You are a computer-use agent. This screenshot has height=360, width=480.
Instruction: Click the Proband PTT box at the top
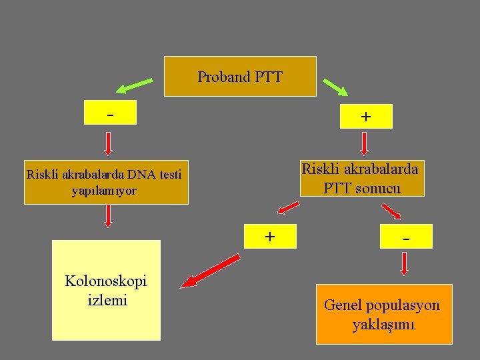click(x=240, y=77)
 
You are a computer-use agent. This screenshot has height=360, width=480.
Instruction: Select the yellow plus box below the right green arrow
click(x=365, y=116)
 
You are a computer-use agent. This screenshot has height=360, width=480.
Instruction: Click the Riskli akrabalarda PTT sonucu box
click(x=360, y=178)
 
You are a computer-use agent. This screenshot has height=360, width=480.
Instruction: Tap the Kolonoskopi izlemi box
click(x=107, y=290)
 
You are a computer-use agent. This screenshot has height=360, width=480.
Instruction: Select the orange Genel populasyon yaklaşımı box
click(x=383, y=314)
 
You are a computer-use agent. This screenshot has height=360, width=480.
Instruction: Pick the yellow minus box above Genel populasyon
click(x=405, y=237)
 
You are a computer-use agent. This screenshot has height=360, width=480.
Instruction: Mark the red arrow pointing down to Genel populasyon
click(x=405, y=264)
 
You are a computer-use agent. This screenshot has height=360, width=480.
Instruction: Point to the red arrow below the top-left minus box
click(x=109, y=143)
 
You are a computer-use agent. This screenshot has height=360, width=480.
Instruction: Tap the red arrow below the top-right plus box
click(x=365, y=143)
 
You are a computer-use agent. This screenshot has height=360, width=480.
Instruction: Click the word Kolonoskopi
click(x=105, y=281)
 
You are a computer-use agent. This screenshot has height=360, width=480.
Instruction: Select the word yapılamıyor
click(x=103, y=191)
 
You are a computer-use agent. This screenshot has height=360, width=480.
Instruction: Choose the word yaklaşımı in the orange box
click(x=383, y=325)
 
